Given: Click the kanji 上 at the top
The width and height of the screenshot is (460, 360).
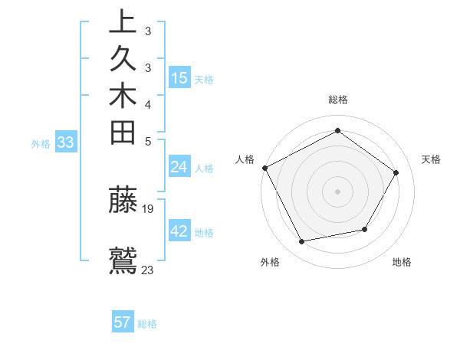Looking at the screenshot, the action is tap(123, 22).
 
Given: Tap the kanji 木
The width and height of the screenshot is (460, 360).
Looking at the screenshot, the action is tap(123, 95).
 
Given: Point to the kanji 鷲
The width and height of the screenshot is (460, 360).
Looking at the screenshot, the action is tap(123, 260).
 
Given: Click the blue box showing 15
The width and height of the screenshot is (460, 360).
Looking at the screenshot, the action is tap(179, 77).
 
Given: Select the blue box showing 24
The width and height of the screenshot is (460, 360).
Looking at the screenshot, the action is tap(179, 167).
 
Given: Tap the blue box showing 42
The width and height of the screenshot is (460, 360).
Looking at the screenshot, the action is tap(179, 231).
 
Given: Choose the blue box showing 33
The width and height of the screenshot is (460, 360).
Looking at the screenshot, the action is tap(66, 142).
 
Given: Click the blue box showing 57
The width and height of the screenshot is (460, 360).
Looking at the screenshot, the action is tap(123, 322).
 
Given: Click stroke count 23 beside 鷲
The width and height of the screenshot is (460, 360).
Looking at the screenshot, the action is tap(149, 270).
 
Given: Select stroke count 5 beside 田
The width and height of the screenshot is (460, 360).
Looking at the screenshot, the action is tap(148, 141).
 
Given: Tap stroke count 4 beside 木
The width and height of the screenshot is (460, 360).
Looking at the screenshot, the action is tap(148, 104).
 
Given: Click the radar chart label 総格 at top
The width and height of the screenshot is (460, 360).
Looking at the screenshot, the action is tap(338, 100).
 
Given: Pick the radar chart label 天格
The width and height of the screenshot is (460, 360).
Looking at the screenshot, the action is tap(431, 159).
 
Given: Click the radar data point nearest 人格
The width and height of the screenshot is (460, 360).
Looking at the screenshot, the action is tap(264, 168).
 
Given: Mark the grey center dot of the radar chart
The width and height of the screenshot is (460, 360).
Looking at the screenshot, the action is tap(338, 191).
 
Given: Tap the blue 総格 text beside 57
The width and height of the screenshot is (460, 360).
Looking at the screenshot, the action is tap(147, 324).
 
